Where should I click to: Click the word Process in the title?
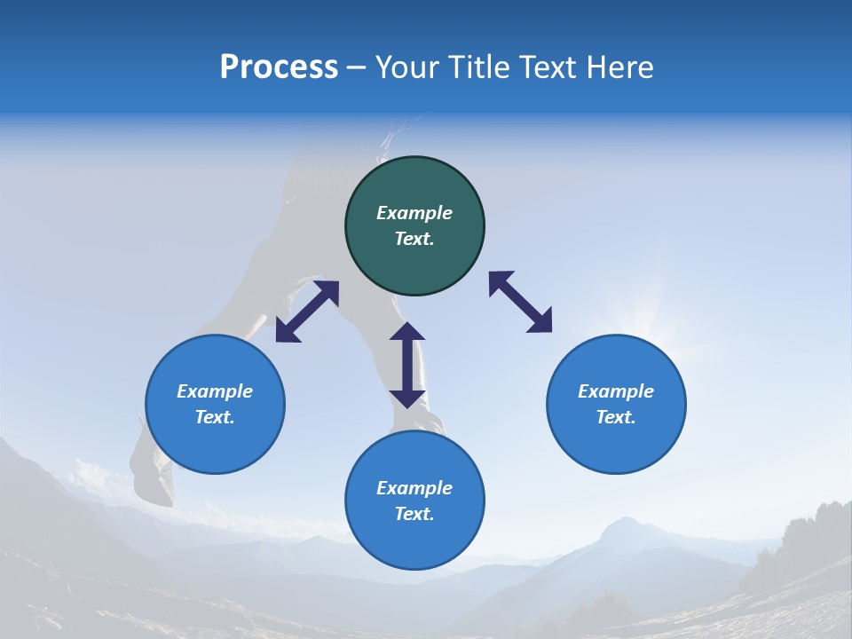[x=279, y=67]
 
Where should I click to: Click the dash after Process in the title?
[x=356, y=68]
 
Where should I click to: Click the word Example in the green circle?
[x=414, y=213]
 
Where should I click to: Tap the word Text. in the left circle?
[x=215, y=417]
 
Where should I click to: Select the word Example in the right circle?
[x=616, y=391]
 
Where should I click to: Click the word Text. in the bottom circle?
[x=414, y=514]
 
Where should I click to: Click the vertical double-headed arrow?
[x=407, y=365]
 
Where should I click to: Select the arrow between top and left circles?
[x=307, y=312]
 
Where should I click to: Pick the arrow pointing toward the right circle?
[x=521, y=302]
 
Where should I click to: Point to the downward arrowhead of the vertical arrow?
[x=407, y=397]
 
